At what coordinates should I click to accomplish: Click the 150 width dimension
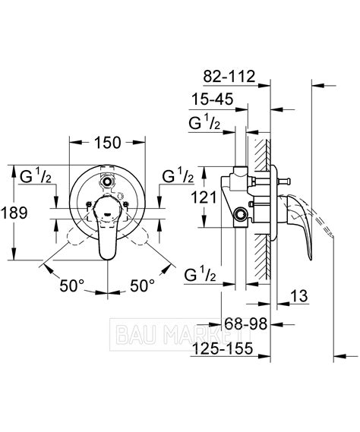click(x=108, y=143)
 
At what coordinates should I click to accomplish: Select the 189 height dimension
click(x=14, y=213)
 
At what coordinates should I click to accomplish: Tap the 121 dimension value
click(x=204, y=197)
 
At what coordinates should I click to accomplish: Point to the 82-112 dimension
click(x=229, y=77)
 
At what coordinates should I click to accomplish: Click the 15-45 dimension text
click(x=212, y=99)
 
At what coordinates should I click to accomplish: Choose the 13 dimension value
click(x=299, y=296)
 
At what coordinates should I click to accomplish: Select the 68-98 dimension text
click(x=246, y=323)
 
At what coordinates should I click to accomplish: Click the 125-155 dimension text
click(x=223, y=348)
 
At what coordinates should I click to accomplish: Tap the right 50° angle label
click(x=142, y=285)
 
